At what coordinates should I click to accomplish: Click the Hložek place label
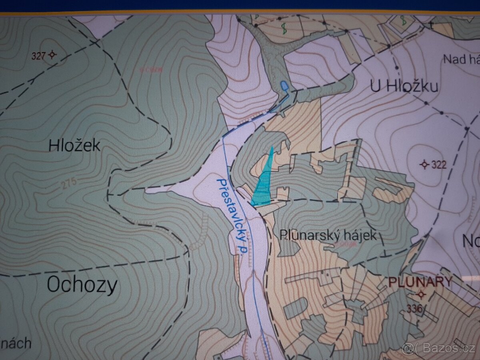(74, 146)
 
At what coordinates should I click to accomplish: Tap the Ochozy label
(82, 285)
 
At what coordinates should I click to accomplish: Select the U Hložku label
(404, 86)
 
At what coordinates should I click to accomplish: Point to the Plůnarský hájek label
(328, 235)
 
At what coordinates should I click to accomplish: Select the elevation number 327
(38, 55)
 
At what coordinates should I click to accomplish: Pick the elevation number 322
(439, 164)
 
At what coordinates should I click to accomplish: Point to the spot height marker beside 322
(425, 164)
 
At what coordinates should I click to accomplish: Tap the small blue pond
(284, 86)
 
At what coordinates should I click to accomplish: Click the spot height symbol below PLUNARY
(420, 295)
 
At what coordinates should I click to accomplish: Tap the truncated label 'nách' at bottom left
(16, 343)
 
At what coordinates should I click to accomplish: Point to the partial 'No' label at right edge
(471, 241)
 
